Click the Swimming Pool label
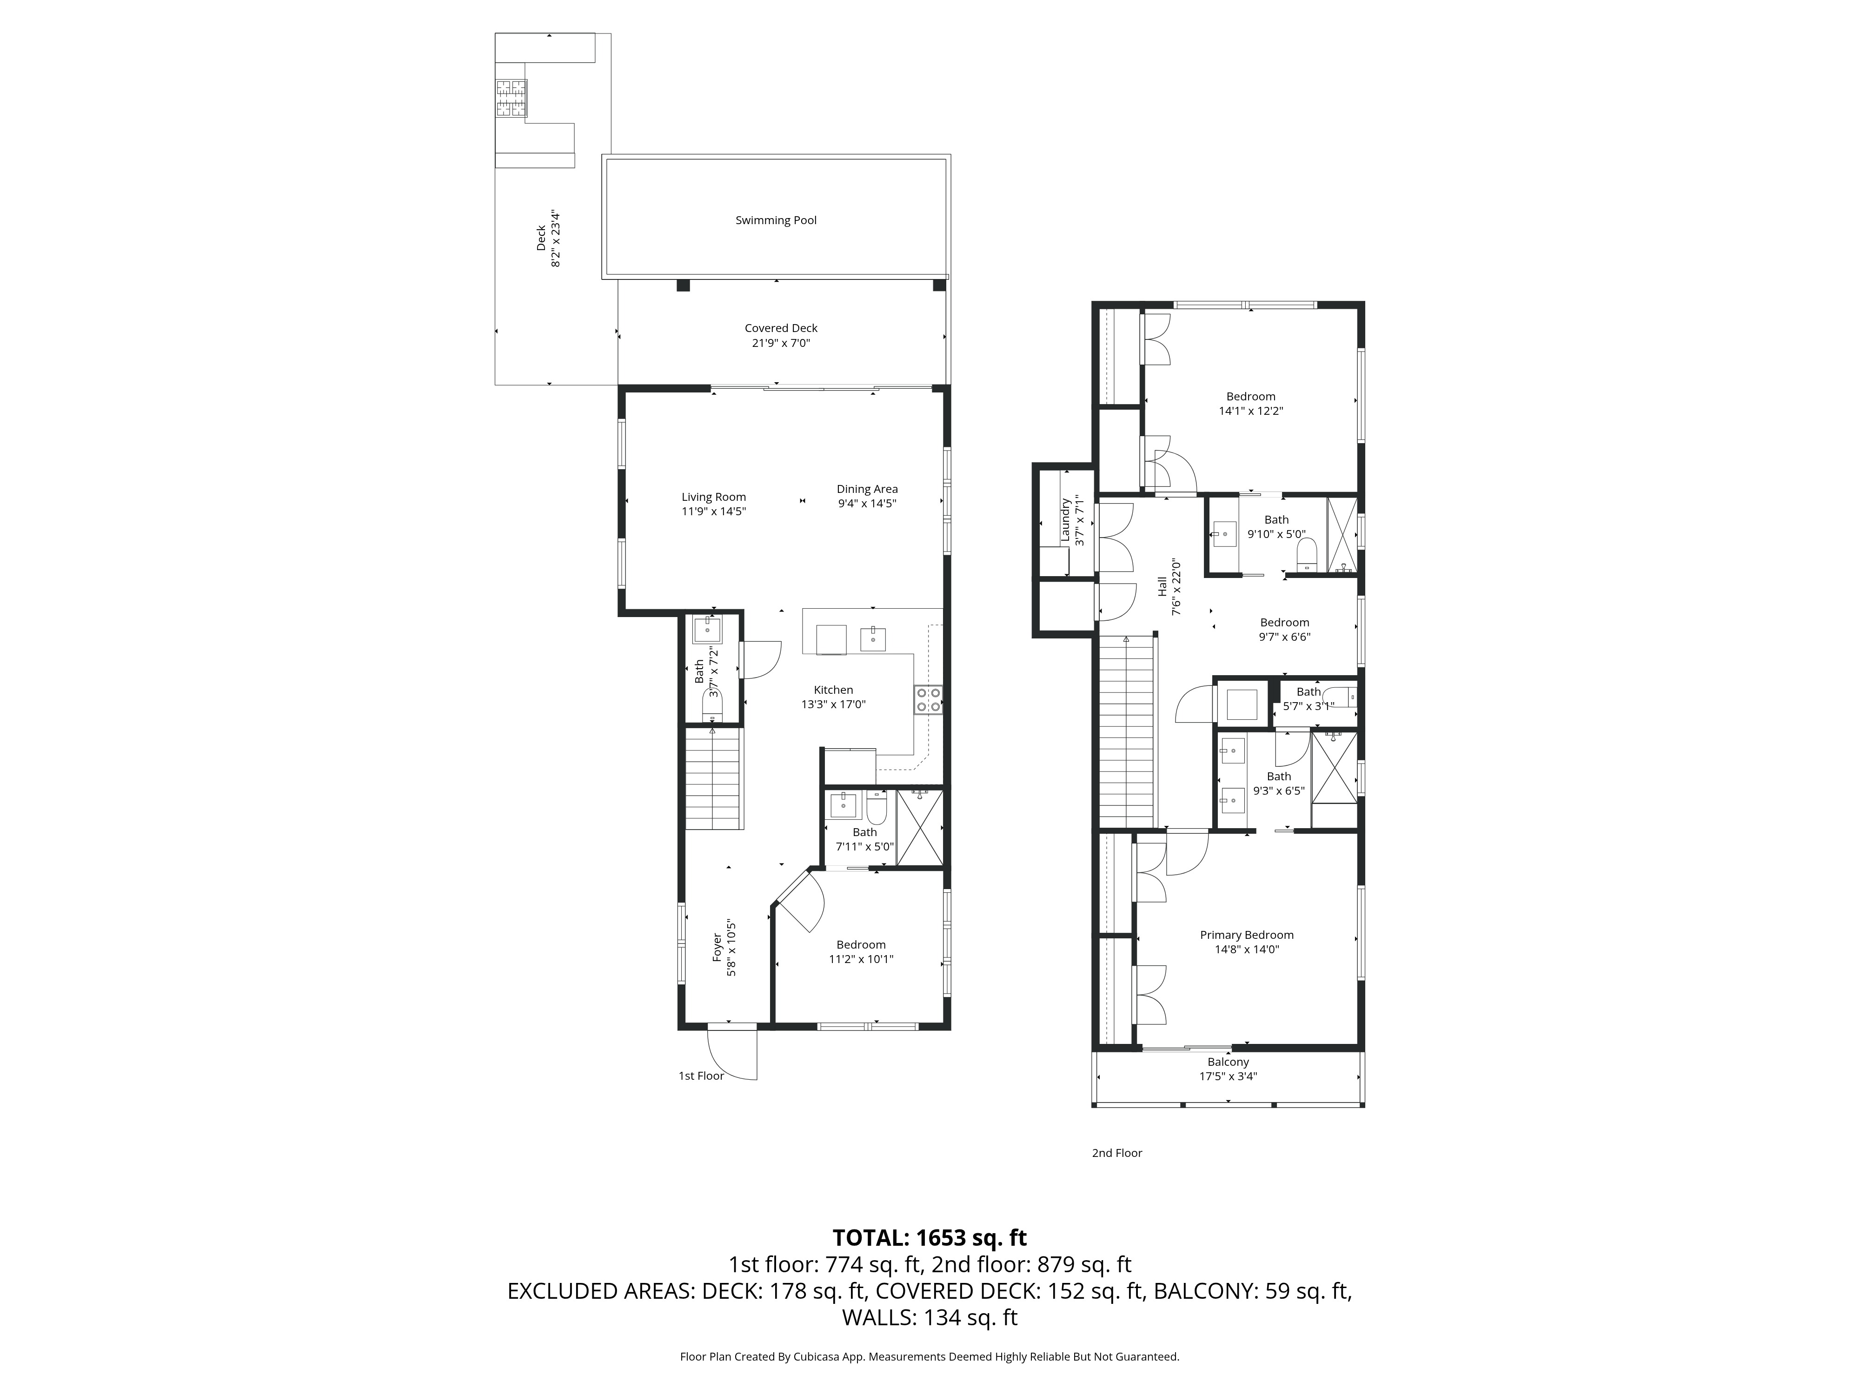coord(775,220)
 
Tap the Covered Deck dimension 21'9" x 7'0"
coord(780,343)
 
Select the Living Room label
coord(713,497)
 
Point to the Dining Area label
coord(866,489)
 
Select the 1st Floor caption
coord(700,1076)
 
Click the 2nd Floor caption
coord(1116,1153)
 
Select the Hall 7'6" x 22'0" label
coord(1169,589)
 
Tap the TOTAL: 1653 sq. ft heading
coord(929,1238)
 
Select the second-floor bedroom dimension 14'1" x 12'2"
coord(1250,411)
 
